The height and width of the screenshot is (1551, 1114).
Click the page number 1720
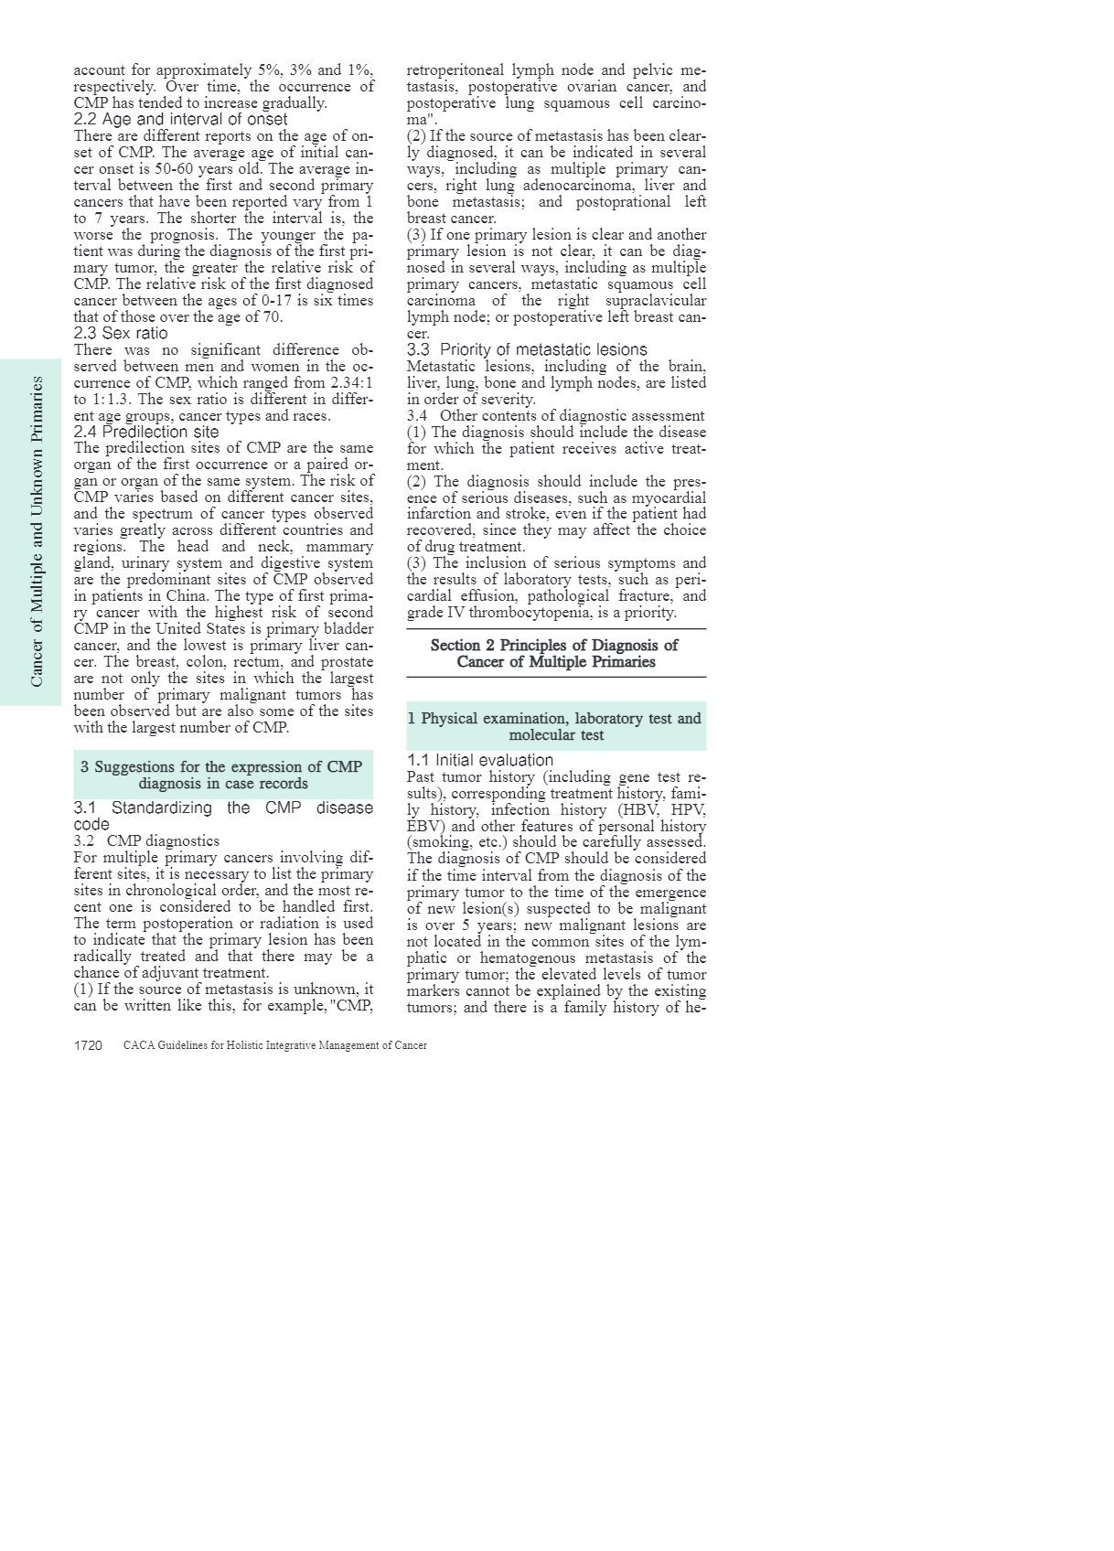coord(88,1045)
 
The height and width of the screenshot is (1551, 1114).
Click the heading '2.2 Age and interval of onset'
coord(180,119)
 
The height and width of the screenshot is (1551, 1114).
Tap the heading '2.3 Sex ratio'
coord(121,333)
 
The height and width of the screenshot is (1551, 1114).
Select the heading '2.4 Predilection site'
coord(146,432)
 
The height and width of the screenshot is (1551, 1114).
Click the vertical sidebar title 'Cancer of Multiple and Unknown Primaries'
coord(37,531)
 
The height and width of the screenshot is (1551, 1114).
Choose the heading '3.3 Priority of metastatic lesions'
coord(527,349)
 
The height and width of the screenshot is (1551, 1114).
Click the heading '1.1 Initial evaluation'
coord(480,760)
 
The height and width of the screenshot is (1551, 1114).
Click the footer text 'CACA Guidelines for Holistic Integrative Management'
coord(274,1045)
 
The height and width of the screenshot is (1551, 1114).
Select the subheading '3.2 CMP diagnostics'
coord(146,840)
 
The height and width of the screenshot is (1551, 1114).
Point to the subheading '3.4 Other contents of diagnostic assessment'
coord(556,415)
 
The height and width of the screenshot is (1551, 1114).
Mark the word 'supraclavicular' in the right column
coord(656,300)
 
